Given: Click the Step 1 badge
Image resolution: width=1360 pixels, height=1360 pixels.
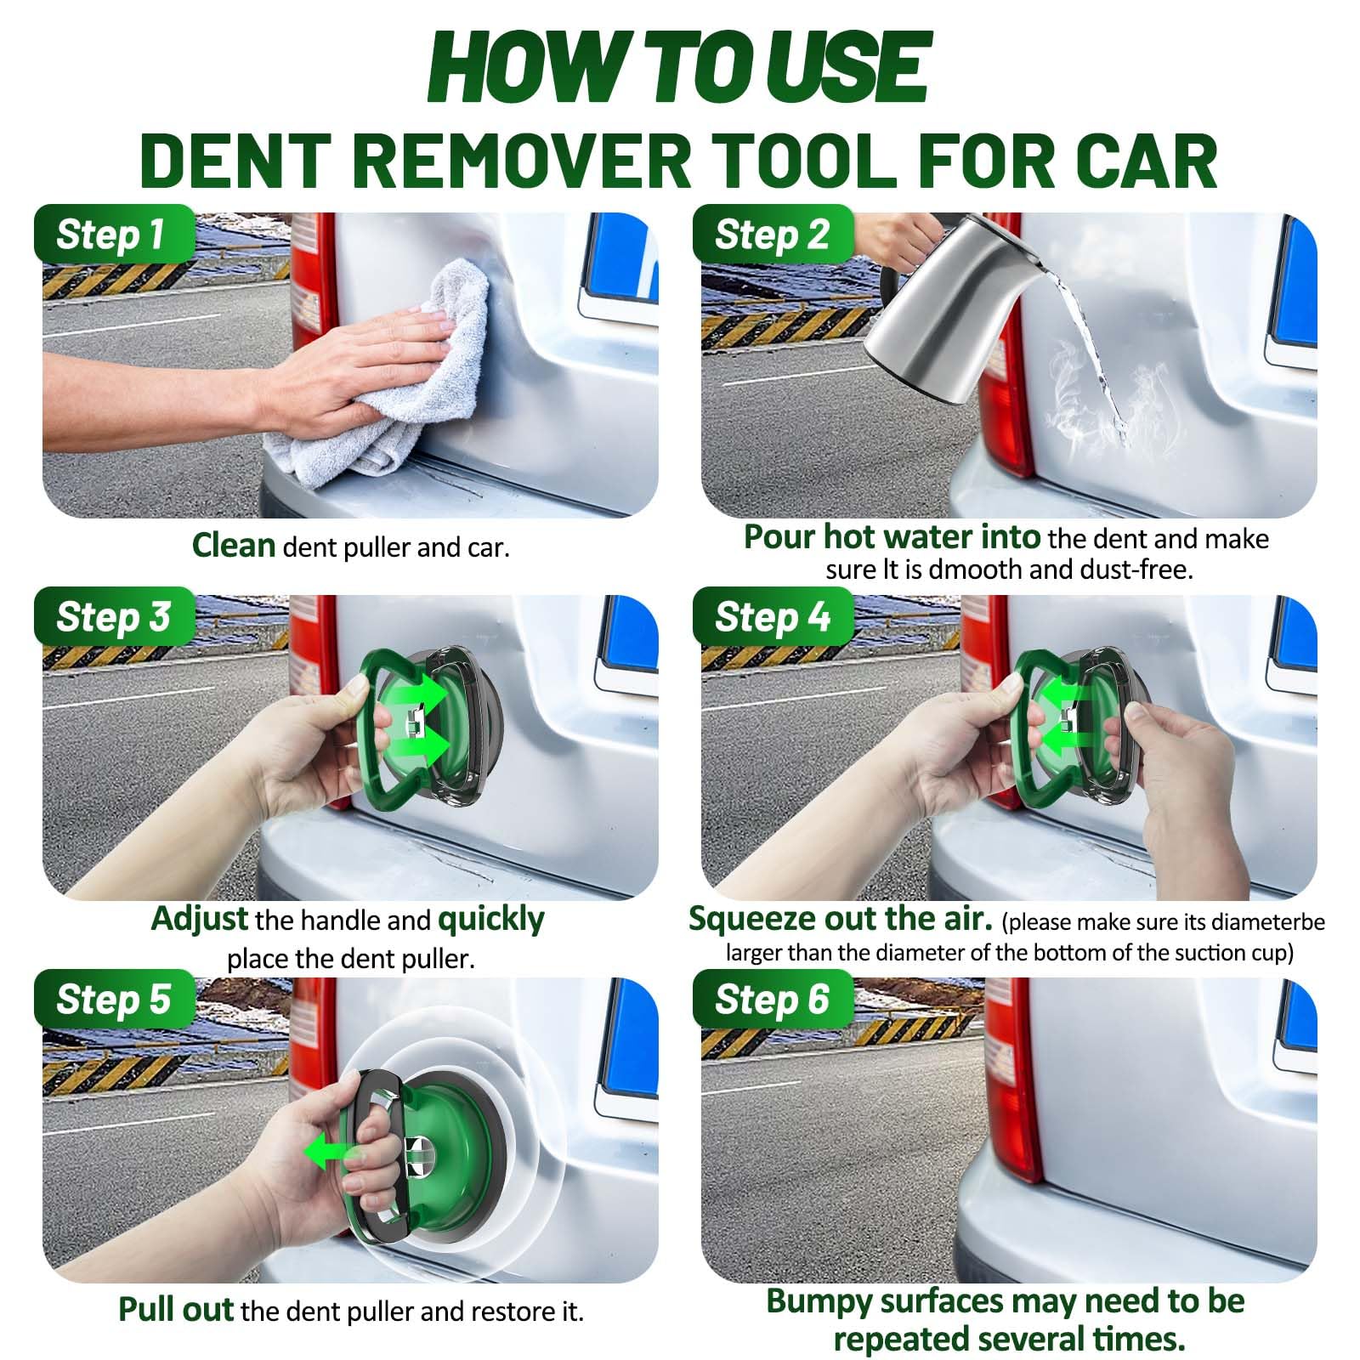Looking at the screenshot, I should pos(110,235).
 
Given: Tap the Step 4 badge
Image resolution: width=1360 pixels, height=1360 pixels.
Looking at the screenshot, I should pos(772,617).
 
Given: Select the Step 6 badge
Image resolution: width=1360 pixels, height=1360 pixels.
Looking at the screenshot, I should pos(772,1000).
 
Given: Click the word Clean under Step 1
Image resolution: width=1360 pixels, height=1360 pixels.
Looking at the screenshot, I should pos(233,546).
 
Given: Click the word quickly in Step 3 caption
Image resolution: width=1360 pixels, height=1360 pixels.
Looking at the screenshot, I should pos(490,920).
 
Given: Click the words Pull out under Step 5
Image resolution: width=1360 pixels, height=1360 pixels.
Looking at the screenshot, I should pos(176,1310).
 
